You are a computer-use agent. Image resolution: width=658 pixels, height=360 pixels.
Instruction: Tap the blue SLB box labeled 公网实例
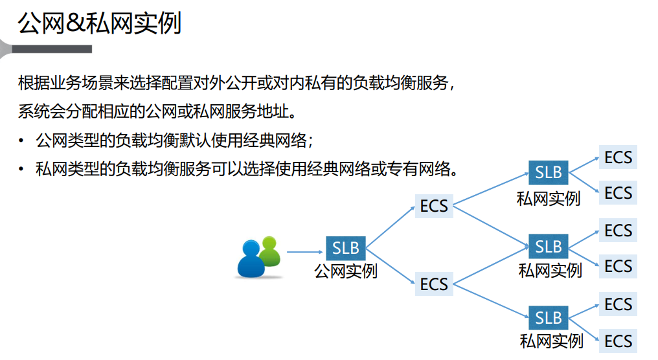click(345, 248)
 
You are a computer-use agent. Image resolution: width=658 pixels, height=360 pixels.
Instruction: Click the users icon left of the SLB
click(258, 258)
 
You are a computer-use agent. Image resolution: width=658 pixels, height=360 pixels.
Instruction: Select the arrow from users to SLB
click(304, 252)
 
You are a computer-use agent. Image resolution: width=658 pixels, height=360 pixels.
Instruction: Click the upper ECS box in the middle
click(434, 206)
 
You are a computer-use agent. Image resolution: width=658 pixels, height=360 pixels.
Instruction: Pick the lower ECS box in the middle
click(434, 284)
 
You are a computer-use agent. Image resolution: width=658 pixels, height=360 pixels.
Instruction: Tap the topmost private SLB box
click(548, 173)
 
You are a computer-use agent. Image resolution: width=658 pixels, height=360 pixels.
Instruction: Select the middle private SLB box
click(549, 247)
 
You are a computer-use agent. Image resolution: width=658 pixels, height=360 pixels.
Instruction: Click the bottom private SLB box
click(549, 318)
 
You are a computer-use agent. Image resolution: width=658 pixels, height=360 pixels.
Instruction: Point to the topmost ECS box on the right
click(618, 157)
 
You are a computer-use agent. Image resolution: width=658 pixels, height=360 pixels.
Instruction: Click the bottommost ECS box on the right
click(618, 341)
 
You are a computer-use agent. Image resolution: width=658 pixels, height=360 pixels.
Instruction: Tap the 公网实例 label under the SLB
click(345, 271)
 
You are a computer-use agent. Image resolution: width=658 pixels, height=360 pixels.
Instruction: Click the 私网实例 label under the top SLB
click(548, 198)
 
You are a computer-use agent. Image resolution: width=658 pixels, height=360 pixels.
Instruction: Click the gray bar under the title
click(52, 49)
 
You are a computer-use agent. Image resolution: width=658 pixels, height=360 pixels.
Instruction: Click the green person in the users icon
click(271, 250)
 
